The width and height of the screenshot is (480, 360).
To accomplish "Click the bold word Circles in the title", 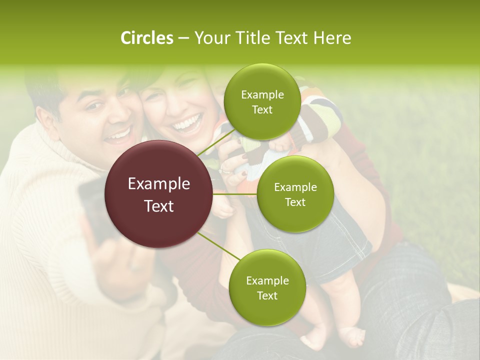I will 146,38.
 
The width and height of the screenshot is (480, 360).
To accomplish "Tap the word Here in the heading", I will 332,38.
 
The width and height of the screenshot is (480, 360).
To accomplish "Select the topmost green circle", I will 262,101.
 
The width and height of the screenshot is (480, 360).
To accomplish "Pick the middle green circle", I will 295,194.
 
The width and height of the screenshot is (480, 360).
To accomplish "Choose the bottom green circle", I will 267,287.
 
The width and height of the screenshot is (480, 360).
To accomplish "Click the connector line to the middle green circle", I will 235,193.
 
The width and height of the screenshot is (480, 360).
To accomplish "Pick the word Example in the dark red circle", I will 159,184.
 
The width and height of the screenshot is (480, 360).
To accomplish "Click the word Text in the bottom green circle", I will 267,295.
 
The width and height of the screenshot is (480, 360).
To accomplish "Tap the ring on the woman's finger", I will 225,172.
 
